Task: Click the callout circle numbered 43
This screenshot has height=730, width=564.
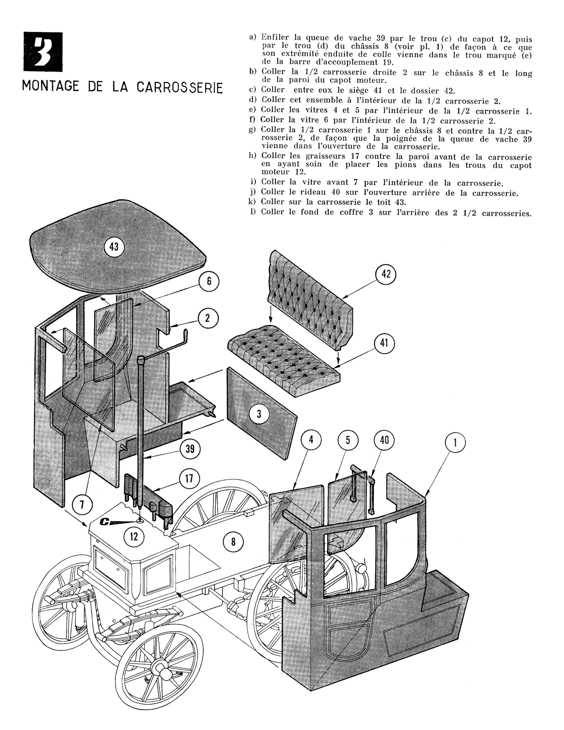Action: coord(114,247)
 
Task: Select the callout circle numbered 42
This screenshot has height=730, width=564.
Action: coord(386,274)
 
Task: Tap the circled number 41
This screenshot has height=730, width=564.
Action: coord(384,343)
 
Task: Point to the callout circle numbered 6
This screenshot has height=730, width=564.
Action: coord(209,281)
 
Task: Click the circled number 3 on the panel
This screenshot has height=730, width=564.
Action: coord(259,415)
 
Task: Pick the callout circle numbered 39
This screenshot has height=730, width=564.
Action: coord(190,449)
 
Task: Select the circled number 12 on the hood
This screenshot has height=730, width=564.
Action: coord(134,537)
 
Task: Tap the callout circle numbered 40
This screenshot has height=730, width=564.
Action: coord(384,440)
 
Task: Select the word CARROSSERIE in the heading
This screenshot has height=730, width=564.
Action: coord(178,86)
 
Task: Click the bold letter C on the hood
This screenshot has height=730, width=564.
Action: coord(105,522)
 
